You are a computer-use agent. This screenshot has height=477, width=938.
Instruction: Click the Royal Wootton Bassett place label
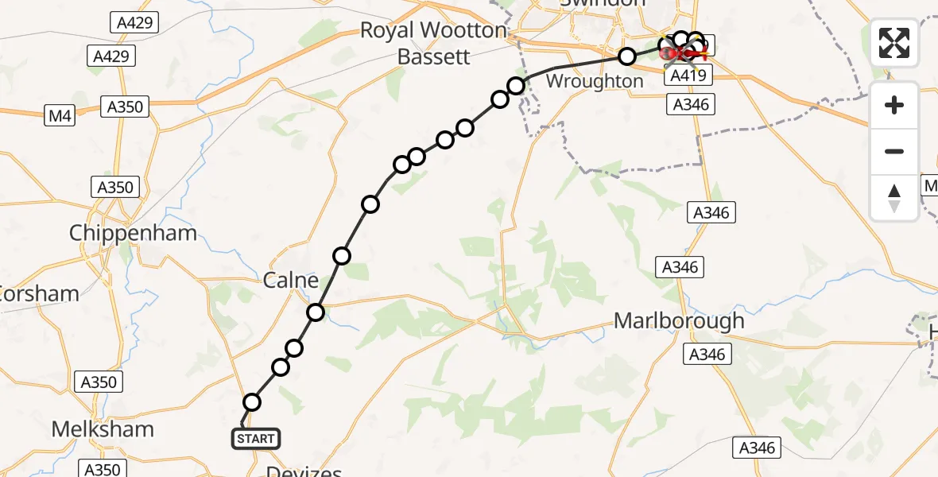pyautogui.click(x=433, y=44)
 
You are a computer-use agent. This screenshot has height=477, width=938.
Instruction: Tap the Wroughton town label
pyautogui.click(x=595, y=81)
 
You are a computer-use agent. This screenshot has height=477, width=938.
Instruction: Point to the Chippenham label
pyautogui.click(x=133, y=233)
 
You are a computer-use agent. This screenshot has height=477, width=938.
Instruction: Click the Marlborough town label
pyautogui.click(x=679, y=320)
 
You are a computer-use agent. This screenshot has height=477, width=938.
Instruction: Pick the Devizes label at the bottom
pyautogui.click(x=304, y=471)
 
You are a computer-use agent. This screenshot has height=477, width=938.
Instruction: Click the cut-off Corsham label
pyautogui.click(x=38, y=293)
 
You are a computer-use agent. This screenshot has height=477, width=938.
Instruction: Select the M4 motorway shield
pyautogui.click(x=60, y=116)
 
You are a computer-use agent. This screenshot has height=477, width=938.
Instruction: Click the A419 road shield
pyautogui.click(x=688, y=76)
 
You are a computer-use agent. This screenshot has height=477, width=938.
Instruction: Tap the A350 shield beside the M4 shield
pyautogui.click(x=126, y=107)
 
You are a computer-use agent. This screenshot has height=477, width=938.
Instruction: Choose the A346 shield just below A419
pyautogui.click(x=691, y=104)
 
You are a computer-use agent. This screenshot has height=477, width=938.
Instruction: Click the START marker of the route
pyautogui.click(x=256, y=438)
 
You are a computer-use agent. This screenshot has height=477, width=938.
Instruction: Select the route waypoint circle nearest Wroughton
pyautogui.click(x=627, y=56)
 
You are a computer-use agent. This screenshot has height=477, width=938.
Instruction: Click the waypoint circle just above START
pyautogui.click(x=252, y=402)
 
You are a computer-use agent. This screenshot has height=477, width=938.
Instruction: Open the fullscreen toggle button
pyautogui.click(x=894, y=43)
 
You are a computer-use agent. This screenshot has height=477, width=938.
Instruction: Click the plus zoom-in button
pyautogui.click(x=894, y=105)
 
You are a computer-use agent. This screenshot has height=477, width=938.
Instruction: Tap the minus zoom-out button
pyautogui.click(x=894, y=151)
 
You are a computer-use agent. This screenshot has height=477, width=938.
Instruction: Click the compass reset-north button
pyautogui.click(x=894, y=197)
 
